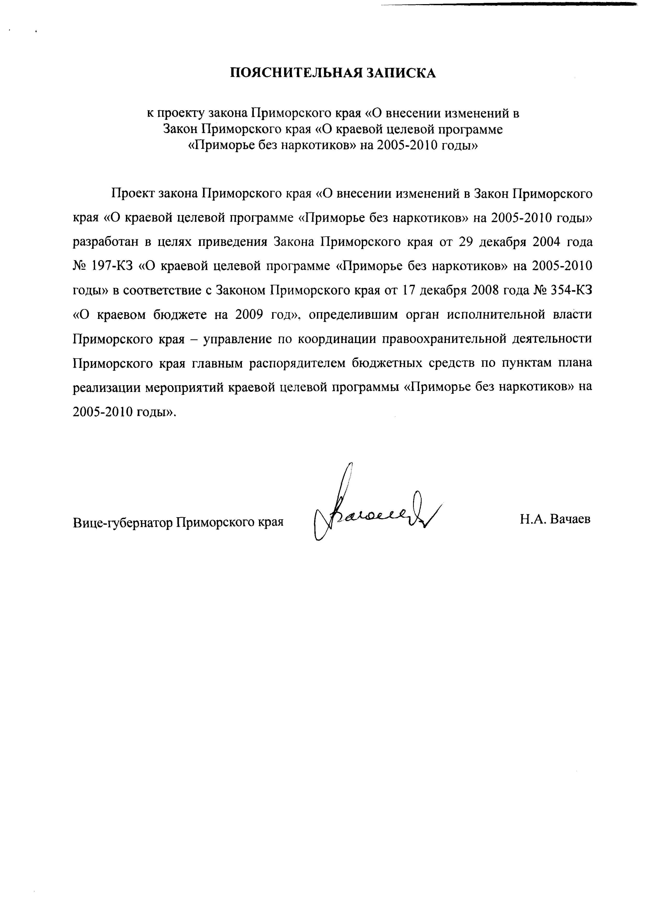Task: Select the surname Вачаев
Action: (x=570, y=519)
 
